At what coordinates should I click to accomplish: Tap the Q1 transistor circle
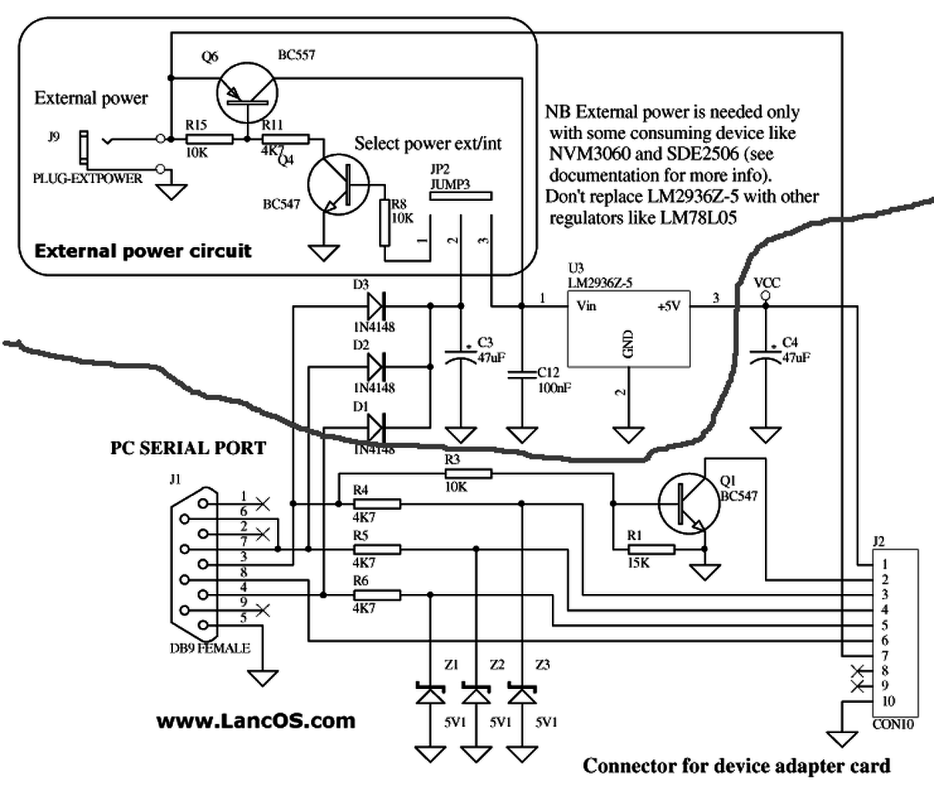[688, 504]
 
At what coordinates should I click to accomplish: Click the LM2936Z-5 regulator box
[628, 328]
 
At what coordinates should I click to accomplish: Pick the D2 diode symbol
[377, 366]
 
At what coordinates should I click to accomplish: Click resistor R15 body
[209, 139]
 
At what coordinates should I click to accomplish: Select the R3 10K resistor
[469, 474]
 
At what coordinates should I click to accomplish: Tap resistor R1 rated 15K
[651, 549]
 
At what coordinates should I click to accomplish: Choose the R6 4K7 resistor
[377, 595]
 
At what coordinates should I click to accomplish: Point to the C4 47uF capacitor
[766, 356]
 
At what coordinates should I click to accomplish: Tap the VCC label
[766, 283]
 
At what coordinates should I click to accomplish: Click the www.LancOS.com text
[255, 721]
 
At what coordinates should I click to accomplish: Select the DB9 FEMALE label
[210, 648]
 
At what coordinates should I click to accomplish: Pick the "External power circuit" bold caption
[144, 250]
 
